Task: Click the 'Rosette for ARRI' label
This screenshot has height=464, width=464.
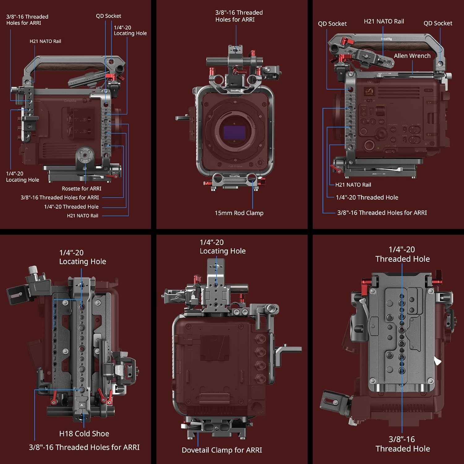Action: click(81, 188)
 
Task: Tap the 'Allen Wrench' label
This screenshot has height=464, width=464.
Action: click(412, 56)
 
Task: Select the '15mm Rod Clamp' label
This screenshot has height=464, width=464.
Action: click(239, 213)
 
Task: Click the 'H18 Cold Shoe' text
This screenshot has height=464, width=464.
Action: click(84, 433)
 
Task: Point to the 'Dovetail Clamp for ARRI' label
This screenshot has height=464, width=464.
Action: click(222, 450)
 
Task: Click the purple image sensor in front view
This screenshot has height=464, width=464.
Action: click(234, 132)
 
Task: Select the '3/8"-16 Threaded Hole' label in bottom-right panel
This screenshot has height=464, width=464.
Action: click(402, 444)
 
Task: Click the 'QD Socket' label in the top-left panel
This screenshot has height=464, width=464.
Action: click(108, 16)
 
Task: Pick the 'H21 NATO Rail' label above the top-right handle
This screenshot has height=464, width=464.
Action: click(384, 21)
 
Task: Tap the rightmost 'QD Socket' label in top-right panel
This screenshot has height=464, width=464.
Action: click(437, 23)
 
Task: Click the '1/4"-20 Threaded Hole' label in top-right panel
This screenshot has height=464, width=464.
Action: click(367, 197)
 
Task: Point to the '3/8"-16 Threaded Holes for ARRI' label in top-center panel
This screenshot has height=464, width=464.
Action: click(239, 16)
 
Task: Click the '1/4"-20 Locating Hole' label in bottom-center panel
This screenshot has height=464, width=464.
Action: click(222, 247)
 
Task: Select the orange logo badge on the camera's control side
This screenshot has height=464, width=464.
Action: click(369, 92)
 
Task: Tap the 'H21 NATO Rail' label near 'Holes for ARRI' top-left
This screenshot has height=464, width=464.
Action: click(45, 41)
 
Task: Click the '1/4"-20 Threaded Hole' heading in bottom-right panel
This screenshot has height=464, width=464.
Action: click(402, 254)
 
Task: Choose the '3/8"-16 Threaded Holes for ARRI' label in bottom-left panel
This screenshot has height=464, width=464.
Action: click(84, 447)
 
